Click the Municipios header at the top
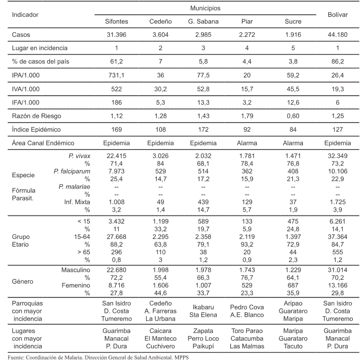pyautogui.click(x=205, y=8)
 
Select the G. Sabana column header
pyautogui.click(x=203, y=22)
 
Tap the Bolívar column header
pyautogui.click(x=337, y=15)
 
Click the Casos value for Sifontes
pyautogui.click(x=116, y=35)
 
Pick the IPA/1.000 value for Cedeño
pyautogui.click(x=161, y=75)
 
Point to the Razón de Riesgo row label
pyautogui.click(x=37, y=116)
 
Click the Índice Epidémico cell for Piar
pyautogui.click(x=247, y=129)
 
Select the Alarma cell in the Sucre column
pyautogui.click(x=293, y=143)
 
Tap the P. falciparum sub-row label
pyautogui.click(x=72, y=171)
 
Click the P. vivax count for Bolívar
pyautogui.click(x=337, y=156)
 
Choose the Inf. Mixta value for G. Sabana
pyautogui.click(x=203, y=202)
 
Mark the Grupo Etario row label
pyautogui.click(x=21, y=240)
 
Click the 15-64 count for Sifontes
pyautogui.click(x=116, y=236)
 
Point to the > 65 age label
pyautogui.click(x=84, y=252)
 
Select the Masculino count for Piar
pyautogui.click(x=247, y=270)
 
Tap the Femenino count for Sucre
pyautogui.click(x=293, y=285)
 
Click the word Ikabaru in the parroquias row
pyautogui.click(x=203, y=307)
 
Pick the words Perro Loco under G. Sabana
pyautogui.click(x=203, y=338)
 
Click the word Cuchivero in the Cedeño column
pyautogui.click(x=161, y=346)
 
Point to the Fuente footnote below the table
pyautogui.click(x=98, y=357)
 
